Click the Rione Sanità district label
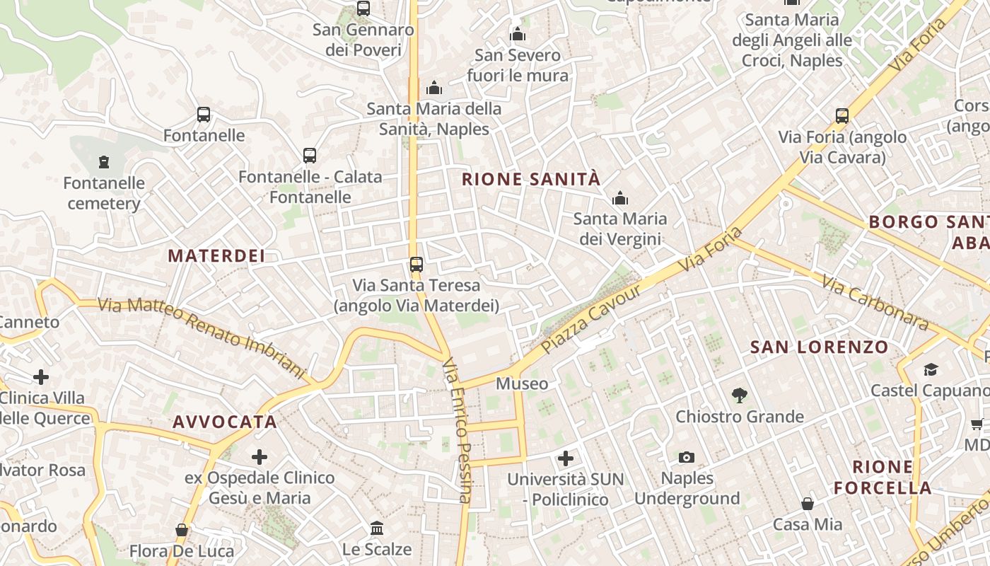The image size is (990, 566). [x=530, y=180]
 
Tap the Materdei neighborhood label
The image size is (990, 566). [x=216, y=256]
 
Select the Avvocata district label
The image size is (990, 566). [x=225, y=422]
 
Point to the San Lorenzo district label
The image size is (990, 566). [x=819, y=347]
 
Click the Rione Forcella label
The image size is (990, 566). [x=883, y=478]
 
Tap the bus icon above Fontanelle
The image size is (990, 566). [x=204, y=115]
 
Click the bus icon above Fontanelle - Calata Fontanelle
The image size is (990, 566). [x=309, y=156]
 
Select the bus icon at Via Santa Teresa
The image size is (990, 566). [x=416, y=265]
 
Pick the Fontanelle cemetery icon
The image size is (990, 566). [x=104, y=162]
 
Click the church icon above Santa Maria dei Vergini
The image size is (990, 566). [x=620, y=198]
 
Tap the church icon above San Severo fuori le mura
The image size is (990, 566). [x=518, y=34]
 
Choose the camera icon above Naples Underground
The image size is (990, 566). [x=686, y=458]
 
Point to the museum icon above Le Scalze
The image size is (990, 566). [x=377, y=529]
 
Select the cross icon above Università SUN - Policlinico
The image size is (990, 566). [x=565, y=458]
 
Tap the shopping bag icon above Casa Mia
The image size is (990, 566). [x=807, y=504]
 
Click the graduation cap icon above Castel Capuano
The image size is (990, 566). [x=930, y=369]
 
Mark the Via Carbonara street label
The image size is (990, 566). [x=875, y=303]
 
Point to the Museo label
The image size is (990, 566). [x=522, y=384]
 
